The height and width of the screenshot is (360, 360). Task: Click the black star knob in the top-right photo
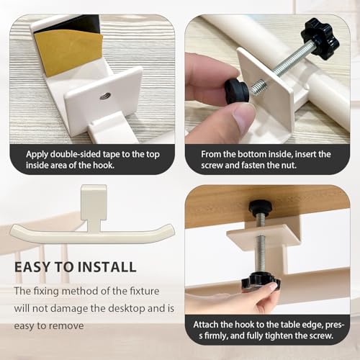320,39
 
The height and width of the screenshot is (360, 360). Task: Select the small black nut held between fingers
236,91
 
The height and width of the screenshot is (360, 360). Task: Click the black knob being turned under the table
261,282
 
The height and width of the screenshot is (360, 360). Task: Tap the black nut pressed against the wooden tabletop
261,207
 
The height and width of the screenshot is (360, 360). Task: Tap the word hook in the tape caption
103,165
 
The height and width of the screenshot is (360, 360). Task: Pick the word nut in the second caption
289,165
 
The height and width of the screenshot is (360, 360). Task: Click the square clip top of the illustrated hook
94,202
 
